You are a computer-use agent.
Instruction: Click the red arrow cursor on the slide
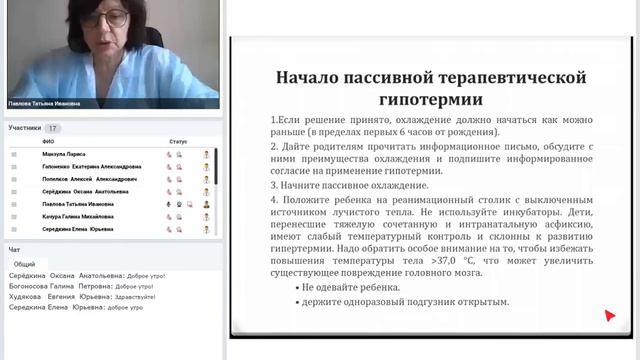coord(610,316)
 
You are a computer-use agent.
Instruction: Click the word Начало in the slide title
coord(305,78)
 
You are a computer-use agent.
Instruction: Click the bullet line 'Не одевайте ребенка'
coord(351,287)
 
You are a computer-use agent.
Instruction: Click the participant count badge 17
coord(52,128)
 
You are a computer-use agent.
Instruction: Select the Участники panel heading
coord(24,128)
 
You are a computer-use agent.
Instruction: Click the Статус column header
coord(178,142)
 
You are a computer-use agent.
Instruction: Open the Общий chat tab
coord(24,263)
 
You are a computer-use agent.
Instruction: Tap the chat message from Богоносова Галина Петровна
coord(84,285)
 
